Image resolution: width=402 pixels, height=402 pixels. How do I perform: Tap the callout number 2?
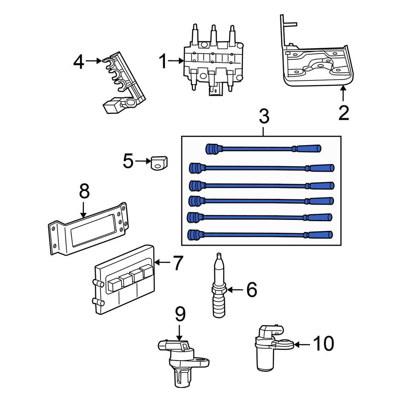click(x=344, y=113)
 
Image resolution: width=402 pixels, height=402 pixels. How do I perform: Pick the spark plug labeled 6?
click(x=219, y=289)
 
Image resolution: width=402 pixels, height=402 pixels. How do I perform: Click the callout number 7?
click(x=178, y=263)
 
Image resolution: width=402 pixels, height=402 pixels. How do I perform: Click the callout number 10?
click(x=324, y=344)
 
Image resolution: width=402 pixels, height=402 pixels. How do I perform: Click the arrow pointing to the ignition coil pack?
click(x=176, y=62)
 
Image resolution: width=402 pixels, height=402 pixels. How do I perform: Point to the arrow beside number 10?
click(x=303, y=344)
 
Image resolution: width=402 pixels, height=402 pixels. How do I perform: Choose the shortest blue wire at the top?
click(x=263, y=149)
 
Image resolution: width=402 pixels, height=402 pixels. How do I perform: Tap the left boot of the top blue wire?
click(x=211, y=149)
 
